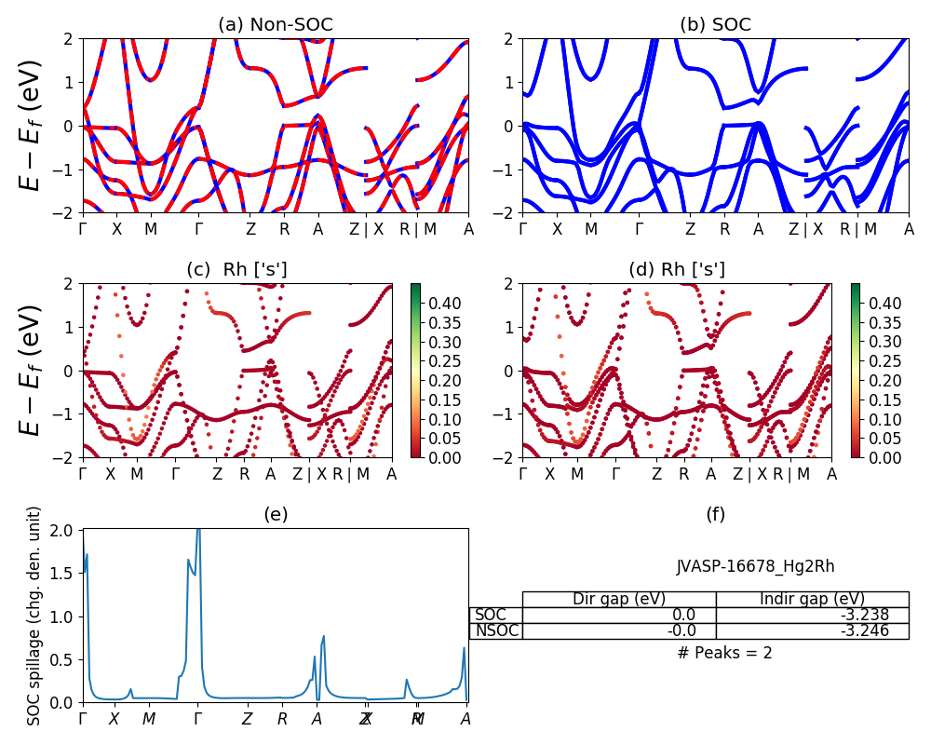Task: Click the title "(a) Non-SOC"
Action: pyautogui.click(x=275, y=25)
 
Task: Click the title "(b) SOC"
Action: pyautogui.click(x=715, y=25)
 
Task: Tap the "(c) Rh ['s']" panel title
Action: pyautogui.click(x=236, y=269)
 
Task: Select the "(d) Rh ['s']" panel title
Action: pyautogui.click(x=677, y=269)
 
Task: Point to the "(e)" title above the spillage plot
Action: pyautogui.click(x=275, y=514)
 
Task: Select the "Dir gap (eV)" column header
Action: pyautogui.click(x=619, y=599)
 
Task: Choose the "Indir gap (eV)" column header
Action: pyautogui.click(x=812, y=599)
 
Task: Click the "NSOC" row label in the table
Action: pyautogui.click(x=495, y=630)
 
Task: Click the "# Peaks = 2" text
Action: pyautogui.click(x=724, y=653)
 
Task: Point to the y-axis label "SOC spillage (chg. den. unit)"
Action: pyautogui.click(x=34, y=616)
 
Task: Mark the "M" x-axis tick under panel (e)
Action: pyautogui.click(x=149, y=719)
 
